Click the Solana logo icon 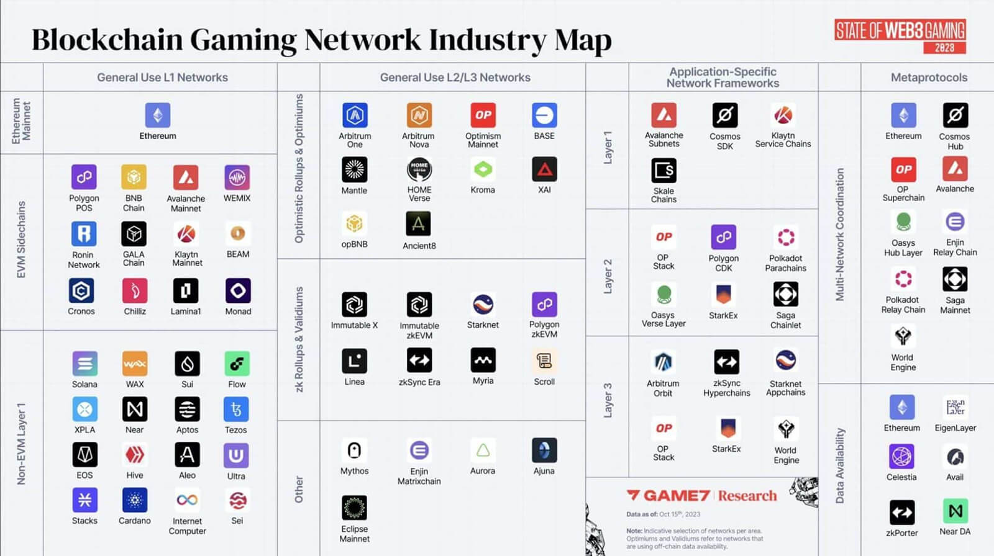click(84, 364)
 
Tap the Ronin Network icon click(84, 234)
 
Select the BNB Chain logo click(134, 177)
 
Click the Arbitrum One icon click(355, 115)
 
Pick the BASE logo click(544, 115)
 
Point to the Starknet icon click(483, 304)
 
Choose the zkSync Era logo click(419, 361)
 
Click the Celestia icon click(901, 457)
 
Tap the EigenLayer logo click(955, 407)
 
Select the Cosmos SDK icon click(724, 115)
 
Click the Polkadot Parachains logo click(786, 237)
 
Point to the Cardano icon click(135, 500)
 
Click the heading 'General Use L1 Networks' click(162, 78)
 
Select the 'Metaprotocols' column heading click(929, 78)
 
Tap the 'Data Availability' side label click(840, 465)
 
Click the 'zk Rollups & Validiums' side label click(299, 339)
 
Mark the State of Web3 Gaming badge click(900, 36)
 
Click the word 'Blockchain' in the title click(107, 40)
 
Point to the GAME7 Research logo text click(701, 496)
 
